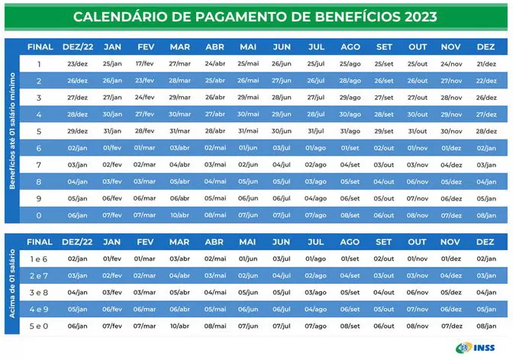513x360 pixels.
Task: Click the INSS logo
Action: [479, 347]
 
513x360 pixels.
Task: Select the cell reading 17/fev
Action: [144, 63]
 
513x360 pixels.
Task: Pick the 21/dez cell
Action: [486, 63]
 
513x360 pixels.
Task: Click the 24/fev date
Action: [144, 97]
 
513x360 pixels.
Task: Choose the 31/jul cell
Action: [315, 130]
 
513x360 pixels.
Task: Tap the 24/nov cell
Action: [451, 63]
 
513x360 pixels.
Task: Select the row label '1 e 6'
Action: [39, 259]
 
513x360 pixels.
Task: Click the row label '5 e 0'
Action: [39, 326]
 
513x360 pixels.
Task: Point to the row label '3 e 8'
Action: [39, 292]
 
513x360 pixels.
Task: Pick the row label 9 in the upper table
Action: [39, 198]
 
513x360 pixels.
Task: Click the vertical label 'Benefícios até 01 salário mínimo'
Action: [12, 130]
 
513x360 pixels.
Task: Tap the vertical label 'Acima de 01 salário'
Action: [12, 284]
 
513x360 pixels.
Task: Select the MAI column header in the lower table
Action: [247, 242]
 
